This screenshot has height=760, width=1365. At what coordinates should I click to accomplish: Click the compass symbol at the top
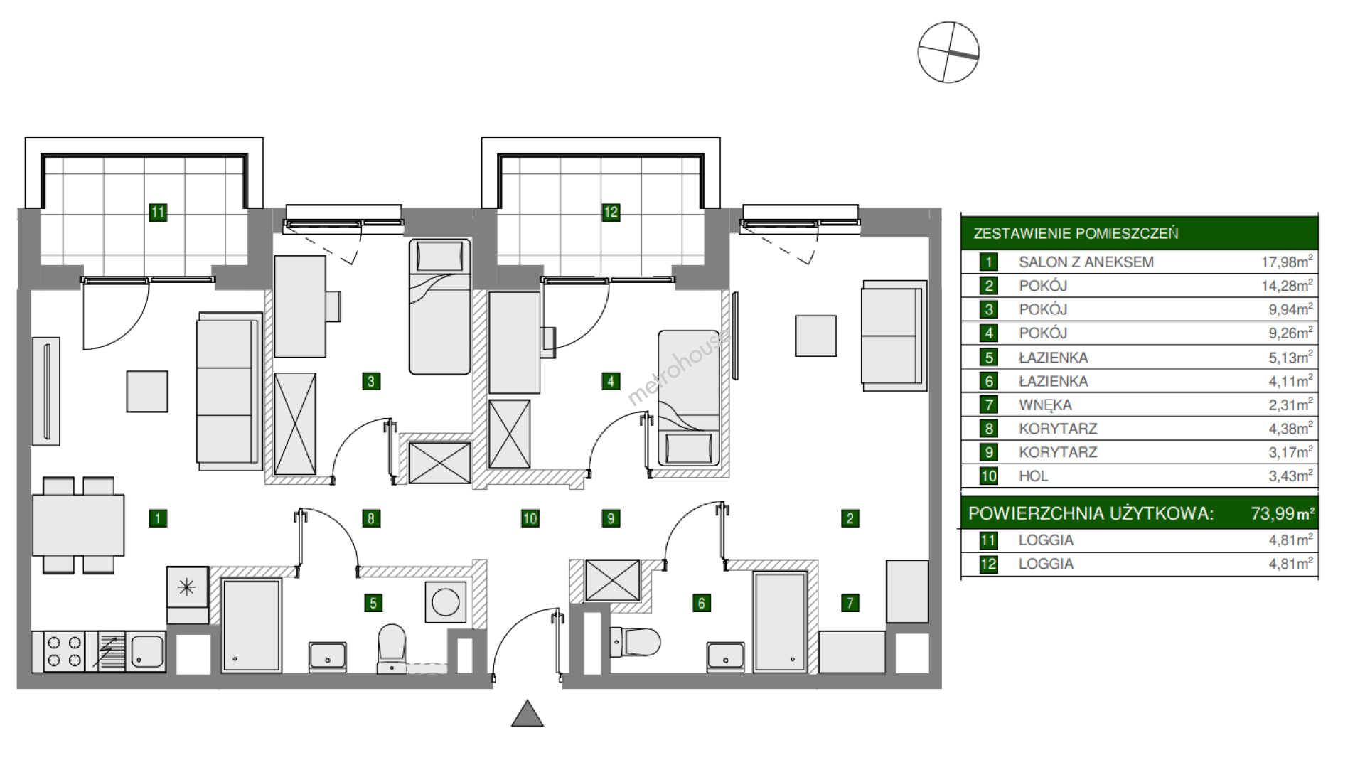coord(948,52)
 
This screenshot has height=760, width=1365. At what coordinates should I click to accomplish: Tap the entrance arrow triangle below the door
coord(528,714)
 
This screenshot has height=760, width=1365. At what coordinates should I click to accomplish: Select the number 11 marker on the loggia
coord(158,212)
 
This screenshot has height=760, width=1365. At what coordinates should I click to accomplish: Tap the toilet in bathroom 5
coord(391,648)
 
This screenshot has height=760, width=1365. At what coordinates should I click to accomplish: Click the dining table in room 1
coord(78,525)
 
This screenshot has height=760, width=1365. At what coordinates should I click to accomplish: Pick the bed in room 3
coord(440,306)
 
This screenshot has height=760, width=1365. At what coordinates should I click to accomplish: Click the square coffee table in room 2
coord(815,336)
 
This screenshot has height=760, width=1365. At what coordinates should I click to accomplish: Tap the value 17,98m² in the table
coord(1287,262)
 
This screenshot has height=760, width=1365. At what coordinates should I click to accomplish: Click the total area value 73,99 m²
coord(1283,513)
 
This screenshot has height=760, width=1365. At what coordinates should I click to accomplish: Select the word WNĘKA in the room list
coord(1045,405)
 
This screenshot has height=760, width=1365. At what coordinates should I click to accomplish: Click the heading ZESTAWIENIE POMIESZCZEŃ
coord(1076,233)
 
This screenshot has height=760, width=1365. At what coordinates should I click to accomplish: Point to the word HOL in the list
coord(1034,476)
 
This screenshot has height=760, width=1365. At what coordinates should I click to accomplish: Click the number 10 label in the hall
coord(530,518)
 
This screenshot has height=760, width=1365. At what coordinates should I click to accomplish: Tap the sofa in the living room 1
coord(230,391)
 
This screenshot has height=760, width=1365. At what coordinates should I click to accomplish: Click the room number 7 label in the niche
coord(850,604)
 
